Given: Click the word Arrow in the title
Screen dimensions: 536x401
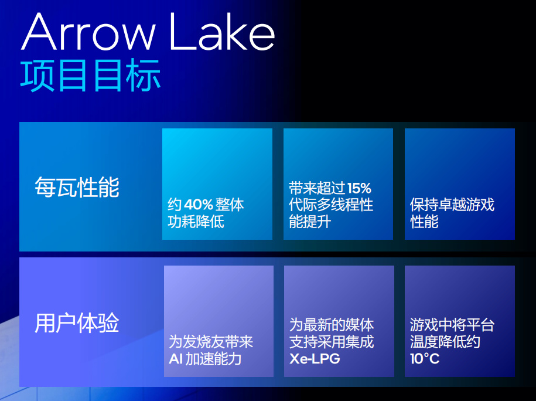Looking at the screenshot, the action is click(88, 32).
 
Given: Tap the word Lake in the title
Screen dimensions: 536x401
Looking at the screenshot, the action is click(222, 32).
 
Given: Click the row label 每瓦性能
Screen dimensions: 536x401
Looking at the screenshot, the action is click(77, 187).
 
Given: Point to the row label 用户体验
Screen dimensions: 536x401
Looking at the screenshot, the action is click(77, 323).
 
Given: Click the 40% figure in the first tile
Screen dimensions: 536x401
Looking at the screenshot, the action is click(199, 205).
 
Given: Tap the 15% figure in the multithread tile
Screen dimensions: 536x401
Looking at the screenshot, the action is click(359, 188).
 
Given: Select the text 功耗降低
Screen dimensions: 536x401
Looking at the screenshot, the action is click(196, 222).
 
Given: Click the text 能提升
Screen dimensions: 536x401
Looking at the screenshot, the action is click(310, 222).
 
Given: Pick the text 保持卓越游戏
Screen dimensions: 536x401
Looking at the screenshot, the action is click(452, 205).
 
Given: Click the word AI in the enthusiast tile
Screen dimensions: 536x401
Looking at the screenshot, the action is click(175, 359).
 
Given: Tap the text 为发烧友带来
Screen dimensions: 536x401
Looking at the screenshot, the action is click(211, 342).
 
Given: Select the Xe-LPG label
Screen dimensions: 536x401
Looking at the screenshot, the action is click(315, 359).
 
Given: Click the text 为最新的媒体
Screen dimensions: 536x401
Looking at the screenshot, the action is click(332, 325).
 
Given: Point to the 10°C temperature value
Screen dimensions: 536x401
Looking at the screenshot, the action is click(425, 359).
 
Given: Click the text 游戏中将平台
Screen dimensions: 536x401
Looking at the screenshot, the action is click(452, 325).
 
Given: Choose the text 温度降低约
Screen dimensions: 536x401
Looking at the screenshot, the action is click(445, 342).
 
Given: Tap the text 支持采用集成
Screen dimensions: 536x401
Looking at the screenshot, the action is click(332, 342).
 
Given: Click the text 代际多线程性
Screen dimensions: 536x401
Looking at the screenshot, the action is click(331, 205).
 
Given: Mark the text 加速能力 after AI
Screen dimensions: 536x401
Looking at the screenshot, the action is click(213, 359).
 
